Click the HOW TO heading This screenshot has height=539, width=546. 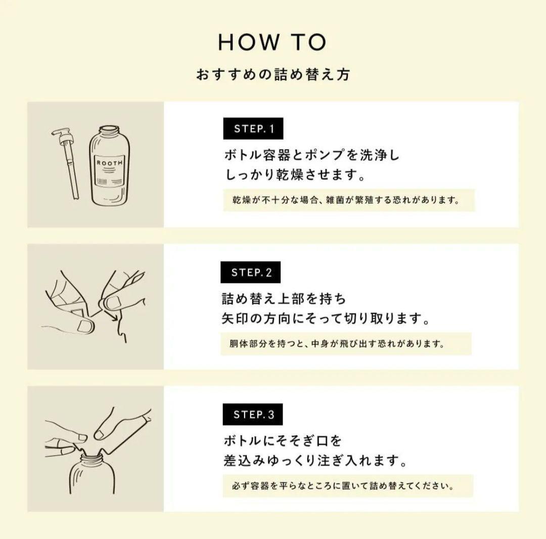(x=272, y=43)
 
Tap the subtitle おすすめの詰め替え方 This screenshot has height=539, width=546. (x=272, y=75)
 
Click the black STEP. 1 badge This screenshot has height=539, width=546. (x=253, y=129)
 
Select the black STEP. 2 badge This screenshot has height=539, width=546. (x=251, y=273)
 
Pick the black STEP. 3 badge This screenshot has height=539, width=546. (x=253, y=415)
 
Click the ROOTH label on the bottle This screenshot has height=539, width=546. (x=109, y=162)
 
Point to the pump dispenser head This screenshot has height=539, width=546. (x=62, y=136)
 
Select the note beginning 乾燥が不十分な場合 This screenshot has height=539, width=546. (x=348, y=200)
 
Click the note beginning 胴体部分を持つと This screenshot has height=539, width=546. (x=346, y=344)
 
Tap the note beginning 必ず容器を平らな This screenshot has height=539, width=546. (x=347, y=486)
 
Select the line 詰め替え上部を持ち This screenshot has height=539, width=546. (x=284, y=299)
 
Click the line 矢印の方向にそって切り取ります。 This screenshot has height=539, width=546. (x=326, y=319)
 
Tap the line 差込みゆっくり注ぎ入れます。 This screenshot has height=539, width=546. (x=315, y=462)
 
